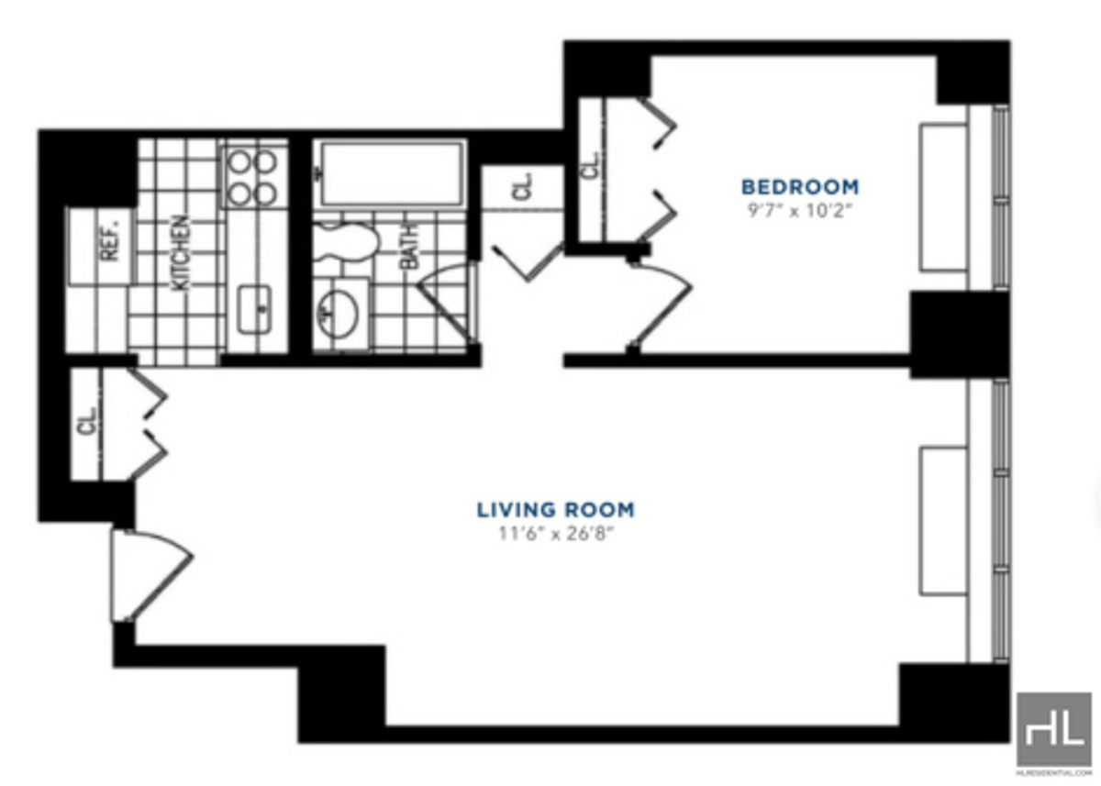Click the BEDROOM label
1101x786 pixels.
pyautogui.click(x=800, y=186)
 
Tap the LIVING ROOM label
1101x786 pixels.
pyautogui.click(x=555, y=509)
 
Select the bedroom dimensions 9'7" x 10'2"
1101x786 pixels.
pyautogui.click(x=800, y=209)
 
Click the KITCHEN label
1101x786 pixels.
pyautogui.click(x=181, y=252)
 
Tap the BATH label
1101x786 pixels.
pyautogui.click(x=409, y=248)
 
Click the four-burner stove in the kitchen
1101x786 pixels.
pyautogui.click(x=252, y=177)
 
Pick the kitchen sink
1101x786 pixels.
pyautogui.click(x=253, y=309)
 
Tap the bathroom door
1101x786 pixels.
pyautogui.click(x=450, y=303)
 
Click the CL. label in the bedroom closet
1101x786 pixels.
pyautogui.click(x=591, y=166)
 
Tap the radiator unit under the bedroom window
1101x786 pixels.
pyautogui.click(x=943, y=197)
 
